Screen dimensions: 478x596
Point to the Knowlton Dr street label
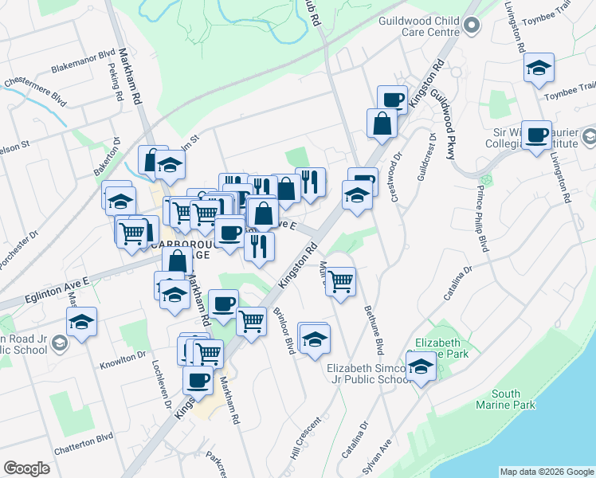124,362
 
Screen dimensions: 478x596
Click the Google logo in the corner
26,468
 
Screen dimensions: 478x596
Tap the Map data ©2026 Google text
546,472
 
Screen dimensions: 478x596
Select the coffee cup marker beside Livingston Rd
537,135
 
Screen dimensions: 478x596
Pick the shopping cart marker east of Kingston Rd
340,281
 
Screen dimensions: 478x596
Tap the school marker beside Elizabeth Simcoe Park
419,367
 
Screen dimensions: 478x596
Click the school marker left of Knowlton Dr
81,323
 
